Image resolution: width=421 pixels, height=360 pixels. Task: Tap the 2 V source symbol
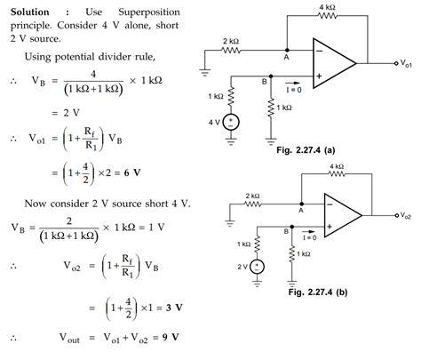point(258,266)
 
